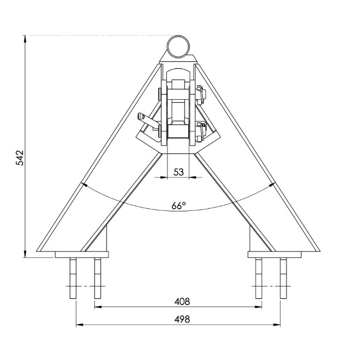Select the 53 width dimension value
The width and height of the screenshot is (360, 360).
pos(178,172)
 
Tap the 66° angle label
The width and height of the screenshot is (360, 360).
pos(178,206)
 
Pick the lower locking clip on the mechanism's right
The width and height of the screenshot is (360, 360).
pos(202,130)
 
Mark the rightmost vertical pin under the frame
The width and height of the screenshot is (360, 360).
pos(283,278)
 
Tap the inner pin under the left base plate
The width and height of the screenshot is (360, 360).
pos(97,278)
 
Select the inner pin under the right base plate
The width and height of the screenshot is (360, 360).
pos(259,278)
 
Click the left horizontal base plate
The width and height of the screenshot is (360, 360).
pos(82,254)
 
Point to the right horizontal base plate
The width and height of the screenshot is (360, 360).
pos(274,254)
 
